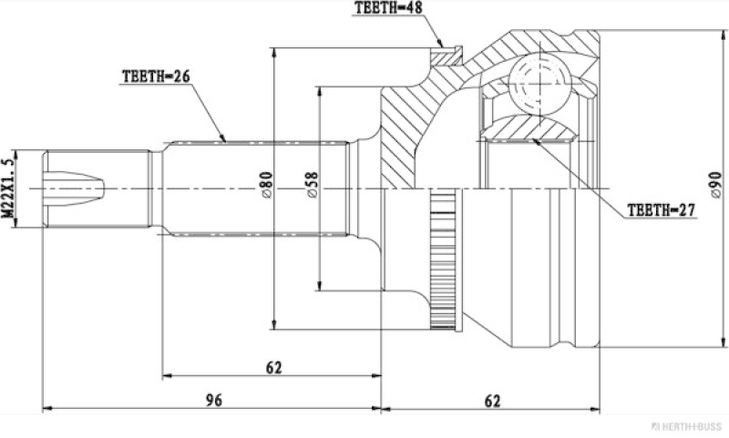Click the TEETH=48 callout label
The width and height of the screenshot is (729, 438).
coord(389,8)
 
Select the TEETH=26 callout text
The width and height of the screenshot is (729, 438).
coord(156,76)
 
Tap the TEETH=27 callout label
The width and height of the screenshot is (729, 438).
coord(662,210)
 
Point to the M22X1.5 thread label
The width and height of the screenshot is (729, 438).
coord(8,188)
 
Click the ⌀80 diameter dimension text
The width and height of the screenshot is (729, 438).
coord(267,186)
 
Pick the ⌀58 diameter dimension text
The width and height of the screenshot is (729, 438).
coord(313,186)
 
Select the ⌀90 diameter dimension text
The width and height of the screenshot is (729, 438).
coord(716,186)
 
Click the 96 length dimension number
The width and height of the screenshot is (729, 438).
coord(214,400)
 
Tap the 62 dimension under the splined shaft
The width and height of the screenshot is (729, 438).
coord(274,367)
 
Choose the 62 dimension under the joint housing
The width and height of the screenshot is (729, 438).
coord(492,401)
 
